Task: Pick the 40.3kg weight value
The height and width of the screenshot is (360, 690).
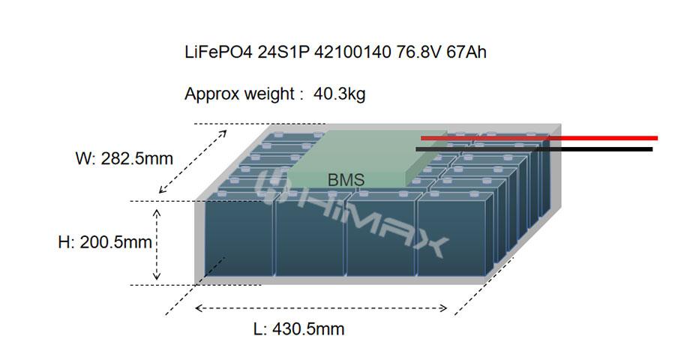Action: point(340,94)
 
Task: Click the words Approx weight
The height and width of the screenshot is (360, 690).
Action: point(240,94)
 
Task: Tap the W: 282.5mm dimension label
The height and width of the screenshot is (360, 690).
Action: point(124,159)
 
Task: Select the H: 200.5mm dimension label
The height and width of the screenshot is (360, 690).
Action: point(105,242)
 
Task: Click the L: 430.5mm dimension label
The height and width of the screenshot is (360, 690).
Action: point(298,329)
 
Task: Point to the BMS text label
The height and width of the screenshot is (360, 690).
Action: point(346,180)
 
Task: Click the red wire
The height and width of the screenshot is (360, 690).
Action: point(540,138)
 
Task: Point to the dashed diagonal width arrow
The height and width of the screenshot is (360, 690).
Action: point(193,162)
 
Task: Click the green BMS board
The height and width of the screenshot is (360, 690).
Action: point(352,157)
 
